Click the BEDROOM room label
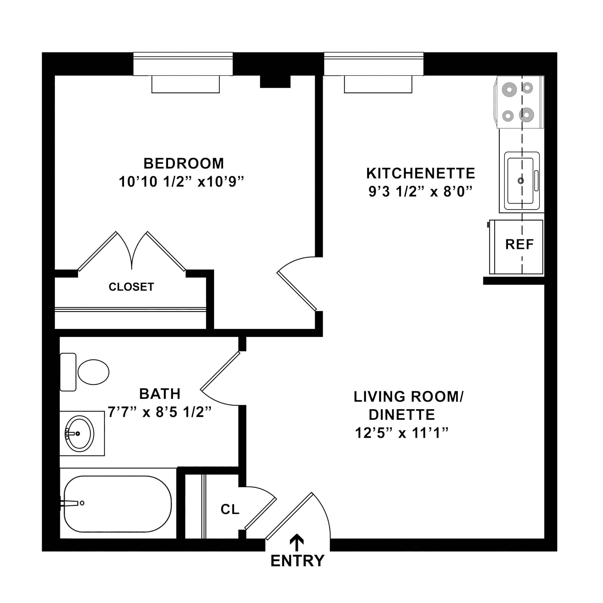183,163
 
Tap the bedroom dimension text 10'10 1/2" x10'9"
181,182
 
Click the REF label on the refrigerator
519,244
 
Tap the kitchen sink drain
521,180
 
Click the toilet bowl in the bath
93,372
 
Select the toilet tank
68,372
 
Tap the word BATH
160,394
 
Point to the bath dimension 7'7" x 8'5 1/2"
160,412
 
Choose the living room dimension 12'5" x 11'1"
402,433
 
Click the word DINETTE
402,415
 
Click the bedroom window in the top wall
183,64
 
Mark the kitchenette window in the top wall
374,64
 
